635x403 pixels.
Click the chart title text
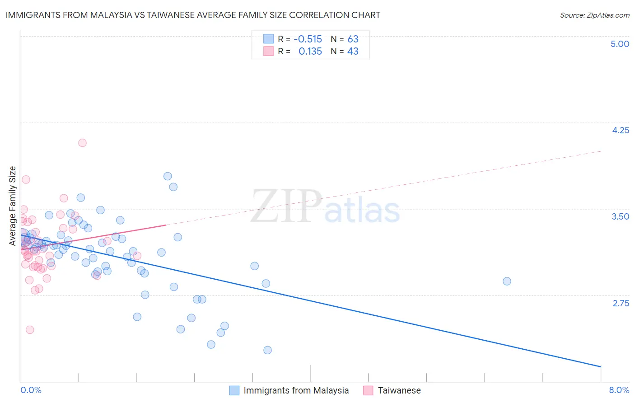[193, 15]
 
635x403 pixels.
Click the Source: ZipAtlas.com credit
[594, 15]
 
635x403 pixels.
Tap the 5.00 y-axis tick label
[620, 44]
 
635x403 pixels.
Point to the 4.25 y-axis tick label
[620, 130]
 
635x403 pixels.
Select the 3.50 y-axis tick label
[620, 216]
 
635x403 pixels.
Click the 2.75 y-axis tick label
[621, 303]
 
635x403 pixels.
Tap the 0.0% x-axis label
[31, 390]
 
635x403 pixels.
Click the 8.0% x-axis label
[619, 390]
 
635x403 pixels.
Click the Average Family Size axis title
[13, 206]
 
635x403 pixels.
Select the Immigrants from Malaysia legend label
[296, 390]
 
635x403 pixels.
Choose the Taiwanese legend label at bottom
[399, 390]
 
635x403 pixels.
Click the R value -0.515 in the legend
[308, 39]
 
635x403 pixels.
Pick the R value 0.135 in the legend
[310, 52]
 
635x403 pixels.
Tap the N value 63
[353, 39]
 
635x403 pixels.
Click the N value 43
[353, 52]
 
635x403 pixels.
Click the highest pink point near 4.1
[82, 143]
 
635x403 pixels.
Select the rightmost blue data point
[507, 281]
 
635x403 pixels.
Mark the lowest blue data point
[267, 350]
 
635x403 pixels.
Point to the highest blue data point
[168, 176]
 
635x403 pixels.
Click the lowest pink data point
[30, 330]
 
